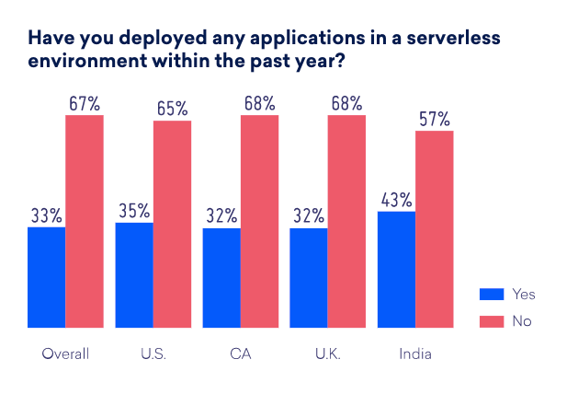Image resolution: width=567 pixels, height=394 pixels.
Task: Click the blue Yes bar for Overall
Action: (46, 277)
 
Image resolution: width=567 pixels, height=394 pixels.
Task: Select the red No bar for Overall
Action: (85, 221)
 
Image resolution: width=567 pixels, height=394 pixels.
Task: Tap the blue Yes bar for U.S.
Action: (134, 274)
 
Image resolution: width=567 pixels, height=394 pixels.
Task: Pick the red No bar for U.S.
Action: (172, 224)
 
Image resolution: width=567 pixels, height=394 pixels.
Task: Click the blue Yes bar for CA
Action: (221, 277)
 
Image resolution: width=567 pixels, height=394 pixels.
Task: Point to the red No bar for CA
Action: (259, 221)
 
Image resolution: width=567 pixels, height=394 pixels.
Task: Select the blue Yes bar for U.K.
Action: (309, 277)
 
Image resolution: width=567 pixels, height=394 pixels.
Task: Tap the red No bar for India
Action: (435, 229)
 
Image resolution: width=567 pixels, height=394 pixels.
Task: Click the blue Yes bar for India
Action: (396, 269)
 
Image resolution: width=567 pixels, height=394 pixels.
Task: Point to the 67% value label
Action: (85, 103)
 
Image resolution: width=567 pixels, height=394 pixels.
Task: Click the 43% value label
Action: (396, 199)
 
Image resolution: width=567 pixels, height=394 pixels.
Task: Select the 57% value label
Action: (435, 119)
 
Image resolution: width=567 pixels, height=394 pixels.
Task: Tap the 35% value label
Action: (134, 210)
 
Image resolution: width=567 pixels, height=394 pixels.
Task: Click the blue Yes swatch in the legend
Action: (492, 295)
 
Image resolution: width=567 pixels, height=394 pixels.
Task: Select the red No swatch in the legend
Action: (492, 320)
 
